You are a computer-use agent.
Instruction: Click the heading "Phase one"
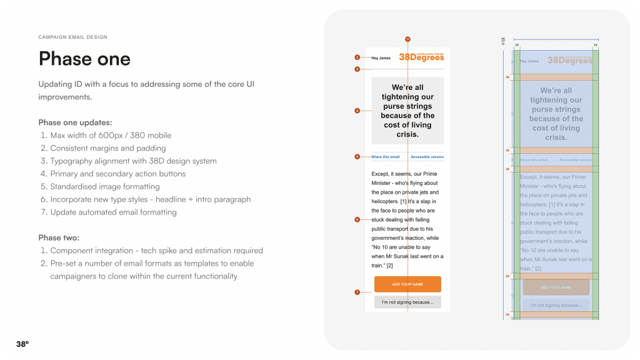click(84, 59)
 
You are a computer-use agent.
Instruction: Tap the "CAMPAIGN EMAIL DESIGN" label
click(72, 37)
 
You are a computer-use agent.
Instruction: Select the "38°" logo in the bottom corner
click(22, 344)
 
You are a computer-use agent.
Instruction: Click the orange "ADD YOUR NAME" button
click(407, 284)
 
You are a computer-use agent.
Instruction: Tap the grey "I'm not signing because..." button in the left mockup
click(407, 302)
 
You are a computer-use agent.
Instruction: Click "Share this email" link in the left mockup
click(386, 157)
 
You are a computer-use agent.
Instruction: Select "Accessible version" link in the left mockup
click(427, 157)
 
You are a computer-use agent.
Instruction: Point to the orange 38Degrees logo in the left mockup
click(421, 57)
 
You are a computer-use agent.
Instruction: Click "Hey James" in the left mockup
click(381, 58)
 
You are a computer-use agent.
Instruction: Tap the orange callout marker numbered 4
click(357, 111)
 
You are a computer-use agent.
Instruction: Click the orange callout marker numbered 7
click(357, 292)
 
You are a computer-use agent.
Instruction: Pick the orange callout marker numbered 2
click(357, 57)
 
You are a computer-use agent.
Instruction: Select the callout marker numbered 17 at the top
click(407, 39)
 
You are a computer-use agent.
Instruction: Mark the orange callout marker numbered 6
click(357, 219)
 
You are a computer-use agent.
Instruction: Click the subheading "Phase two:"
click(59, 237)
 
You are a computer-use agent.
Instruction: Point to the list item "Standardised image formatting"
click(104, 186)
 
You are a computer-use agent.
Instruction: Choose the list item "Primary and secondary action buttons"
click(117, 174)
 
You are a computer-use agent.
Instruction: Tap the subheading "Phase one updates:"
click(75, 122)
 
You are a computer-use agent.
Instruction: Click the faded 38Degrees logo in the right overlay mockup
click(569, 61)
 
